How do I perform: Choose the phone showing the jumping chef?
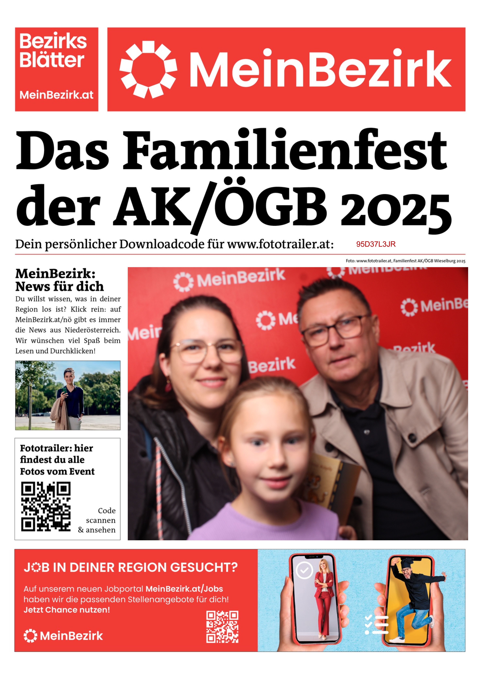pyautogui.click(x=410, y=600)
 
